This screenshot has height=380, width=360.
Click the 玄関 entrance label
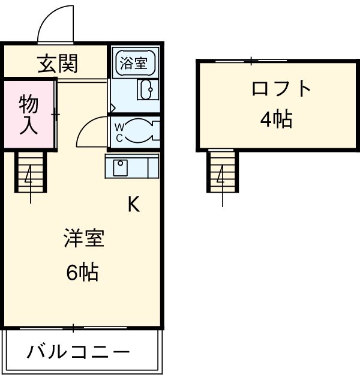point(58,63)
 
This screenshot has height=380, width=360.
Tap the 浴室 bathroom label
point(135,61)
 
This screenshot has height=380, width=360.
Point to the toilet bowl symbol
point(143,131)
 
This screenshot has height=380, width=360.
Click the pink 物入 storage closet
point(28,113)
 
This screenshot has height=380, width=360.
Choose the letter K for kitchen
point(133,205)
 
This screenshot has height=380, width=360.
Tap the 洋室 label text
point(84,238)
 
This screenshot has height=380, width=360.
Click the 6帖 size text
point(83,273)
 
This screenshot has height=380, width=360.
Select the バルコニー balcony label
point(77,352)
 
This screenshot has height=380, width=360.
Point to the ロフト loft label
point(281,89)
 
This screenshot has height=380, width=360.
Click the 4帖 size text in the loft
point(276,119)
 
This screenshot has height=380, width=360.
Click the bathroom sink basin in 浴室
point(146,90)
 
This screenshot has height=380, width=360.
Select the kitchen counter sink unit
point(131,166)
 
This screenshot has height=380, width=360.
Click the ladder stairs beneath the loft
point(223,172)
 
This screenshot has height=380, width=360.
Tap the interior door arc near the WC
point(90,129)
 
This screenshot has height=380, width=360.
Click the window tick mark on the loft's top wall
point(251,60)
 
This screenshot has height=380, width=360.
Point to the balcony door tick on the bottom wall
point(73,328)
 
